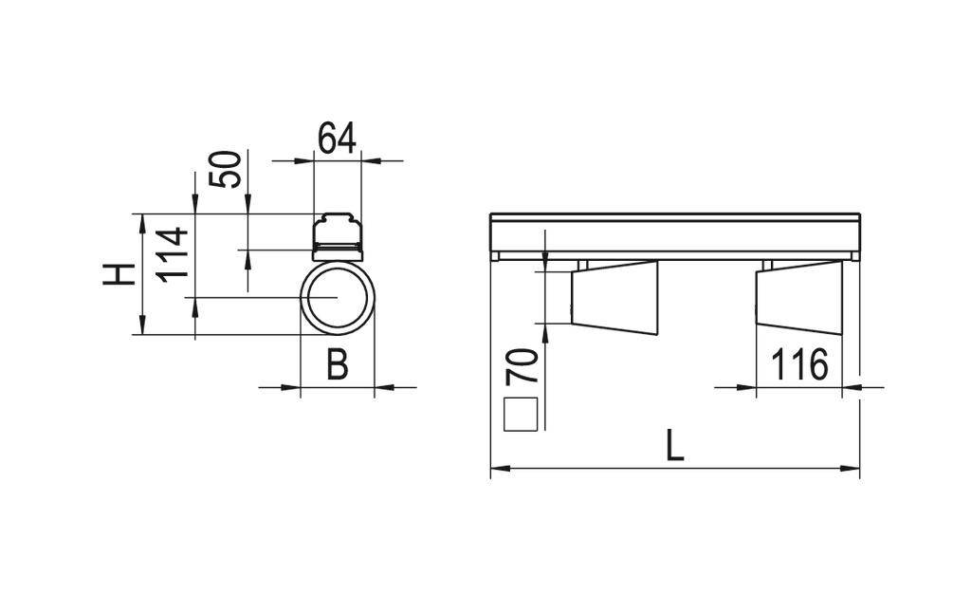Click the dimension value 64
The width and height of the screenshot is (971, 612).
coord(336,139)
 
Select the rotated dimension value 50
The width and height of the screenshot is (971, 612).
coord(226,170)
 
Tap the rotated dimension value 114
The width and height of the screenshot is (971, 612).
coord(174,253)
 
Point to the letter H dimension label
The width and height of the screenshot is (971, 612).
coord(118,274)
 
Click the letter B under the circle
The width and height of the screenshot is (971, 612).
coord(337,364)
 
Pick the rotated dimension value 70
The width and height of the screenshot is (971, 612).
coord(522,365)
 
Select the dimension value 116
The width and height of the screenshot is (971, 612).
coord(798,365)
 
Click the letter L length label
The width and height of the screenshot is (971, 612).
coord(674,445)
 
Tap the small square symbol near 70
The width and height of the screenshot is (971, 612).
coord(521,415)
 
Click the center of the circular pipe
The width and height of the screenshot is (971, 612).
coord(337,297)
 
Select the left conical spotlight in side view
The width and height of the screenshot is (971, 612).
coord(614,297)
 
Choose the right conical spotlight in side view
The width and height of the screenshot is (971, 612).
coord(798,297)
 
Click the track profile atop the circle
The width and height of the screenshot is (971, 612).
coord(338,233)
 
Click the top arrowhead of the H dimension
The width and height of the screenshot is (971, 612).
coord(140,219)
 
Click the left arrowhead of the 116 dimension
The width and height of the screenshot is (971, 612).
coord(750,386)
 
